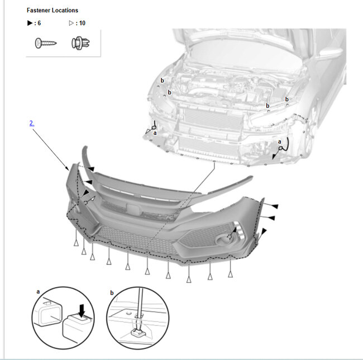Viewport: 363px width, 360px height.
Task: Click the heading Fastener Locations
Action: click(x=52, y=11)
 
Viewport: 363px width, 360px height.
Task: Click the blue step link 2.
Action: click(x=32, y=123)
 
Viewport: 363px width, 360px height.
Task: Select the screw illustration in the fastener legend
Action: click(x=46, y=43)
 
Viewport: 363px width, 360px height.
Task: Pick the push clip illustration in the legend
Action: click(x=80, y=43)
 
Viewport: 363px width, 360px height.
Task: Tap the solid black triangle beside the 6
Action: click(x=30, y=23)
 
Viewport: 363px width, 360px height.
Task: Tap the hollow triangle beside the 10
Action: click(x=71, y=23)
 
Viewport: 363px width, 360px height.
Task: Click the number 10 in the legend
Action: click(x=82, y=23)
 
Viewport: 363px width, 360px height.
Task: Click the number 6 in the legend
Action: click(x=39, y=23)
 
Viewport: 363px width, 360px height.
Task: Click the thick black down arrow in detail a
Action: click(x=82, y=311)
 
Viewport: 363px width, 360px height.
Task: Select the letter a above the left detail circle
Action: click(x=38, y=292)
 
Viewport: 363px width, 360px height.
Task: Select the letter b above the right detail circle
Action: click(x=112, y=293)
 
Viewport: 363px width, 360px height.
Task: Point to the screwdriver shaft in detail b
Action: click(x=140, y=302)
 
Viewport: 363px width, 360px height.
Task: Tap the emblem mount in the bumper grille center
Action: click(x=133, y=209)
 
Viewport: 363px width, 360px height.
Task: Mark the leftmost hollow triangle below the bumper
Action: click(x=76, y=243)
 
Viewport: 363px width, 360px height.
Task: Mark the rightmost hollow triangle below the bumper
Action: click(x=230, y=274)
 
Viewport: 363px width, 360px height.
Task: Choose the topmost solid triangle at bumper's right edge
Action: click(x=275, y=206)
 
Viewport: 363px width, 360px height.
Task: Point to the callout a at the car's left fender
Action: click(x=155, y=133)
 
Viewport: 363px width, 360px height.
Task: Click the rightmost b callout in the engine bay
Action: click(x=287, y=99)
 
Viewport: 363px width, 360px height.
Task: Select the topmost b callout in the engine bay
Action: click(x=163, y=80)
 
